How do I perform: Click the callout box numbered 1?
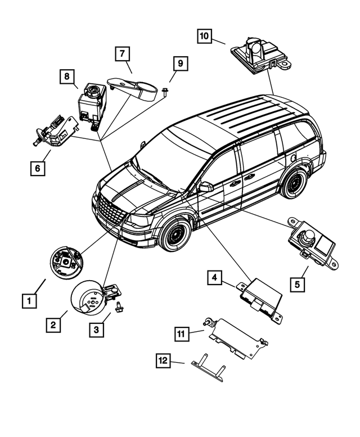29,301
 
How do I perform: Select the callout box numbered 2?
53,325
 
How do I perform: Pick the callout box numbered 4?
214,277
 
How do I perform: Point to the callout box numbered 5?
298,283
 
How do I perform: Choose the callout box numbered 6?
38,168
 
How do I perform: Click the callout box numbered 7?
122,55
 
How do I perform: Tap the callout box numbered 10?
205,36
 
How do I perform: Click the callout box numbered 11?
181,334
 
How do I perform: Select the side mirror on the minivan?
205,186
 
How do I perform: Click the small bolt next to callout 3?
119,307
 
